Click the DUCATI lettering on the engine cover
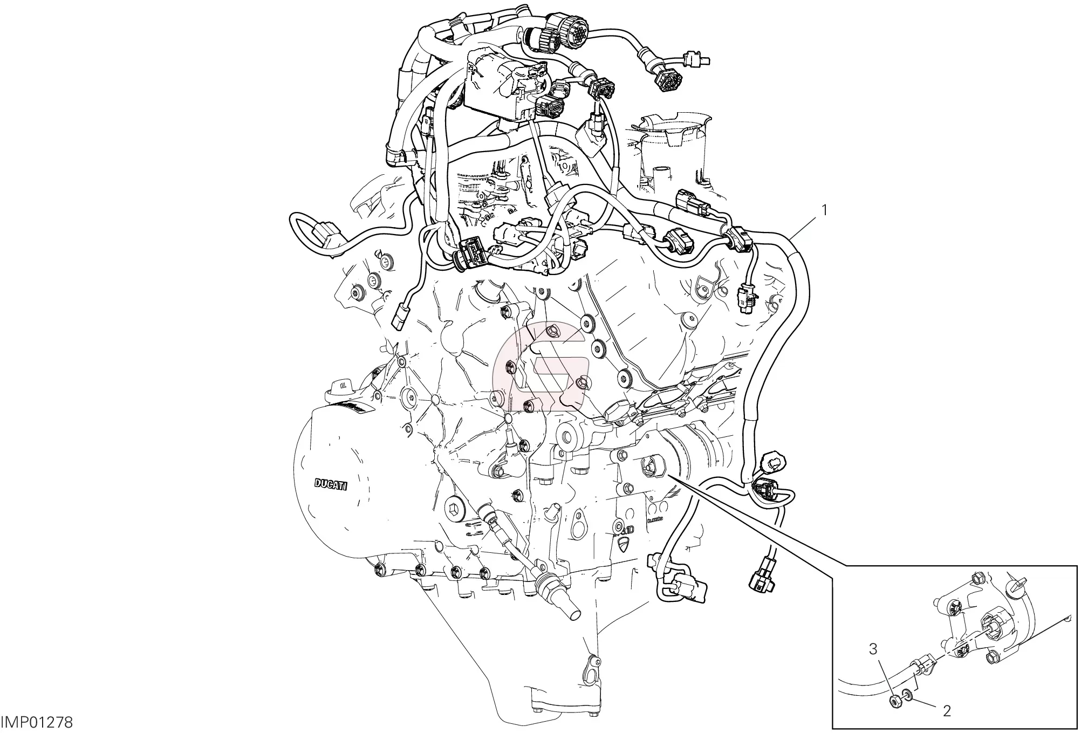(331, 483)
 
